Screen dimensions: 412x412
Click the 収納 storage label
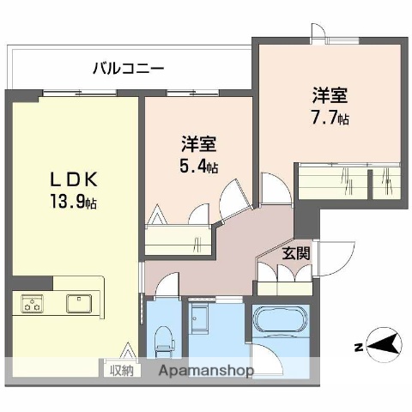click(122, 370)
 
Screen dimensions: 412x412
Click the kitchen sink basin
click(82, 303)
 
